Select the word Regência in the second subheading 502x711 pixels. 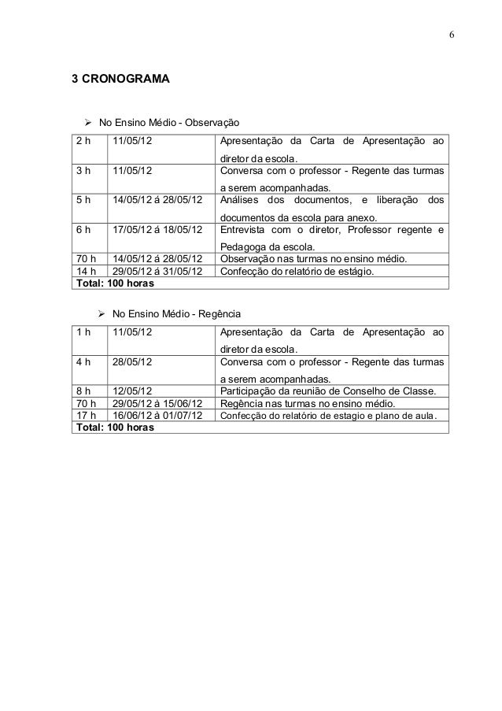point(209,313)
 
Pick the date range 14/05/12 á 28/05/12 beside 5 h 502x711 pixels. point(156,199)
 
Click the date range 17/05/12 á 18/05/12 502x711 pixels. point(156,229)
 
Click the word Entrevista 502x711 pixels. point(245,229)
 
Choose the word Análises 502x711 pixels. point(243,199)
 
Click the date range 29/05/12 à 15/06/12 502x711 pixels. point(156,402)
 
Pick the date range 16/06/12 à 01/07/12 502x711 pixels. point(156,415)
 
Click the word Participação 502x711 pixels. point(250,390)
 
